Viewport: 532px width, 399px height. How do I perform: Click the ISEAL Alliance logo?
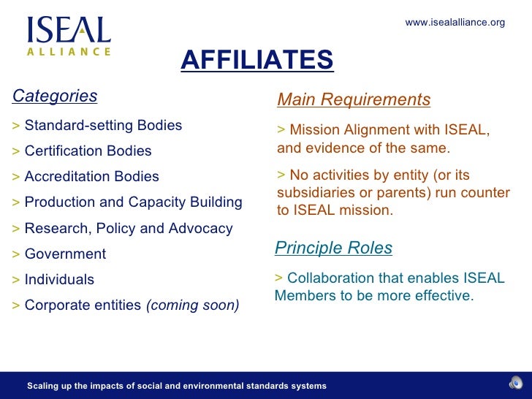tap(69, 36)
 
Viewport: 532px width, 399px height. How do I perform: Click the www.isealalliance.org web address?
tap(455, 23)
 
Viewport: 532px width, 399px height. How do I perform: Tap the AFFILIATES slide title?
tap(256, 61)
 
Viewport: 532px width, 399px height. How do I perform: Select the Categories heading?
tap(55, 96)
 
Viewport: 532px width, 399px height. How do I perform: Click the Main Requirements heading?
tap(354, 99)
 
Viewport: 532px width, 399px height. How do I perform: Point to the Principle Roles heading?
tap(333, 248)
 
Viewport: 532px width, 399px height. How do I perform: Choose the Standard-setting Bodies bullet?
tap(103, 125)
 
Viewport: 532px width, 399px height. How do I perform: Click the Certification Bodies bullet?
tap(88, 151)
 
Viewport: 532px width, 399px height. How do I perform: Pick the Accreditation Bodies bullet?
tap(91, 177)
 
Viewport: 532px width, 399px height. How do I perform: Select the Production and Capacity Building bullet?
tap(133, 202)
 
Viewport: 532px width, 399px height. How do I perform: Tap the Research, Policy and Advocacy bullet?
tap(129, 229)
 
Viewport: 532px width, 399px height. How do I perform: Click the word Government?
tap(65, 254)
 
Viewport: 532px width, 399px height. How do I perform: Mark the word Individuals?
tap(59, 280)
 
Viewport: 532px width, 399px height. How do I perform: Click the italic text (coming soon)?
tap(193, 305)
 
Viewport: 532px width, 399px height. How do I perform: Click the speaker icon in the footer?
tap(515, 384)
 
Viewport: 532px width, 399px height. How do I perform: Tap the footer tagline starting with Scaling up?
tap(176, 386)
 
